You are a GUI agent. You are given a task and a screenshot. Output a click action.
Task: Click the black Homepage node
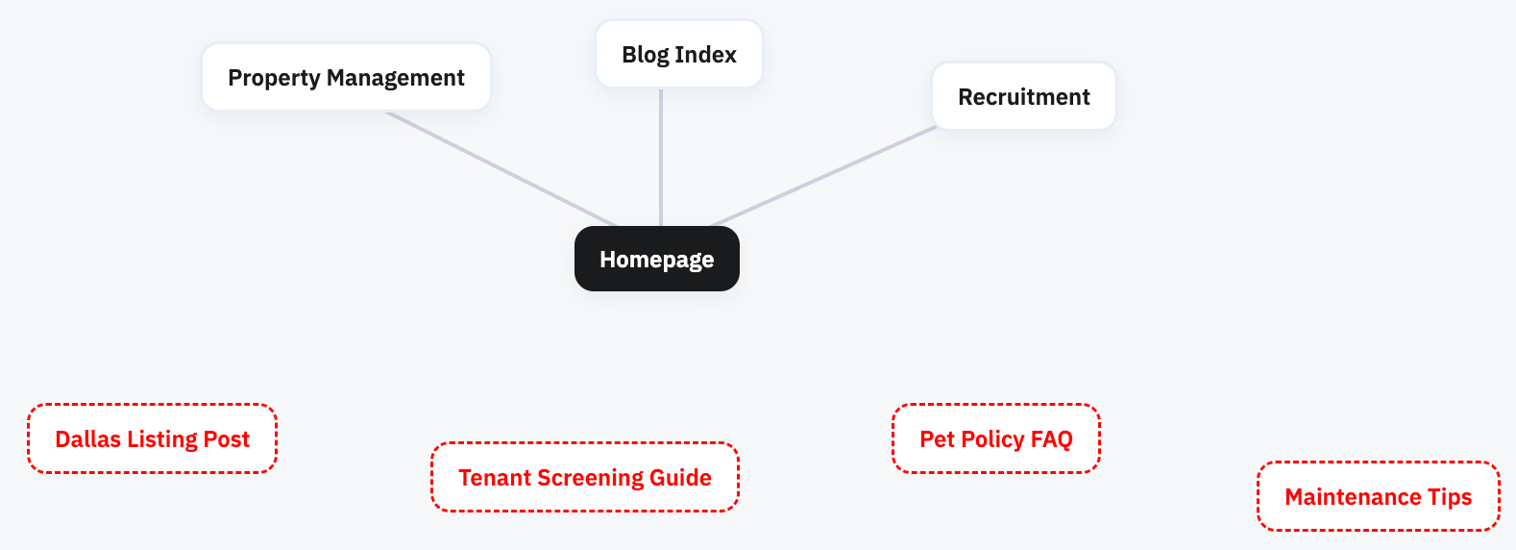[x=656, y=259]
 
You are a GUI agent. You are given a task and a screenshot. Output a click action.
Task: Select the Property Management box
[x=346, y=77]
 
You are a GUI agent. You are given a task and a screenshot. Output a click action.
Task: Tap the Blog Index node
[x=679, y=54]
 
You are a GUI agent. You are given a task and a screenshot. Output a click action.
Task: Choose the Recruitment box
[x=1023, y=96]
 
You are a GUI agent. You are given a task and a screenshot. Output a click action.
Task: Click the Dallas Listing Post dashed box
[x=153, y=438]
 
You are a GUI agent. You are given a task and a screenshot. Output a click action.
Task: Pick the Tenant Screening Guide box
[x=585, y=477]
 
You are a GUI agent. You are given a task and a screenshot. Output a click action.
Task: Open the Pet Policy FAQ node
[x=995, y=438]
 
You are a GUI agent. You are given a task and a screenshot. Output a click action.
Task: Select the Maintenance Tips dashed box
[x=1378, y=496]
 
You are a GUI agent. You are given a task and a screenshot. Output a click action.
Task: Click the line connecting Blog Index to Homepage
[x=661, y=157]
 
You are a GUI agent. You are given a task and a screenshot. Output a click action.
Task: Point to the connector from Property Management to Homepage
[x=501, y=168]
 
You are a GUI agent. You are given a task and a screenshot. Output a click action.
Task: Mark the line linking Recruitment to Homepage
[x=823, y=176]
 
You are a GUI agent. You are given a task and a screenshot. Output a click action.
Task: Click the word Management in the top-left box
[x=395, y=78]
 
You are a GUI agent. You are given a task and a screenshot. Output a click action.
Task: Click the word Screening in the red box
[x=590, y=478]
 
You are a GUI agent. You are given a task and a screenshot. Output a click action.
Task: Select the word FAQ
[x=1051, y=438]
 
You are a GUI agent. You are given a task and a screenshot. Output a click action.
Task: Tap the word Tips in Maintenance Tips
[x=1450, y=497]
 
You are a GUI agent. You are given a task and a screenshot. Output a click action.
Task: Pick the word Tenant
[x=495, y=478]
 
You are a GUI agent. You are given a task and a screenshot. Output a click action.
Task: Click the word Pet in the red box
[x=937, y=438]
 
